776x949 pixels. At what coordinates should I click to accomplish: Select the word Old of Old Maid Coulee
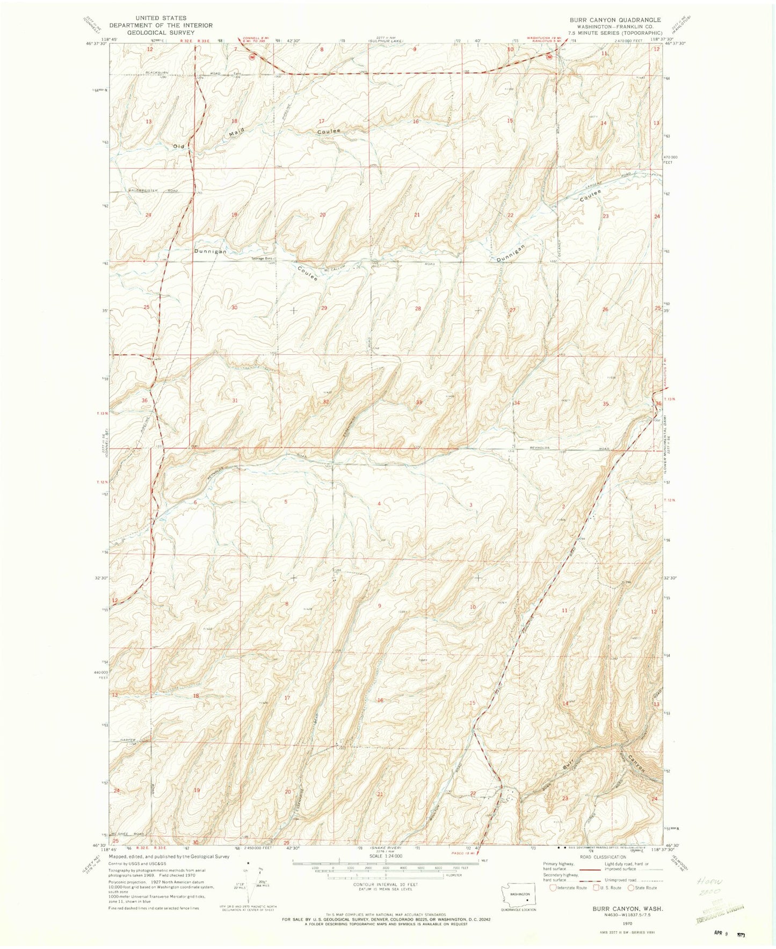pos(179,146)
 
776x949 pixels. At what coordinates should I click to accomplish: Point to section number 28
pos(417,309)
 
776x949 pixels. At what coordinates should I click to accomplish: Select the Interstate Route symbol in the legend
pos(553,888)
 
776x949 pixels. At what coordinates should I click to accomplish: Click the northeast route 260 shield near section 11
pos(549,57)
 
